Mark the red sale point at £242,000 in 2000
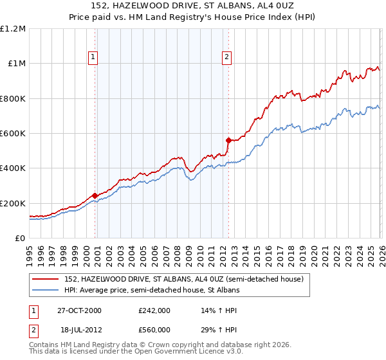[95, 195]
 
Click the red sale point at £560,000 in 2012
[228, 139]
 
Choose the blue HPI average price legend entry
[152, 291]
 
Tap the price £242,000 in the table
[154, 310]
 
